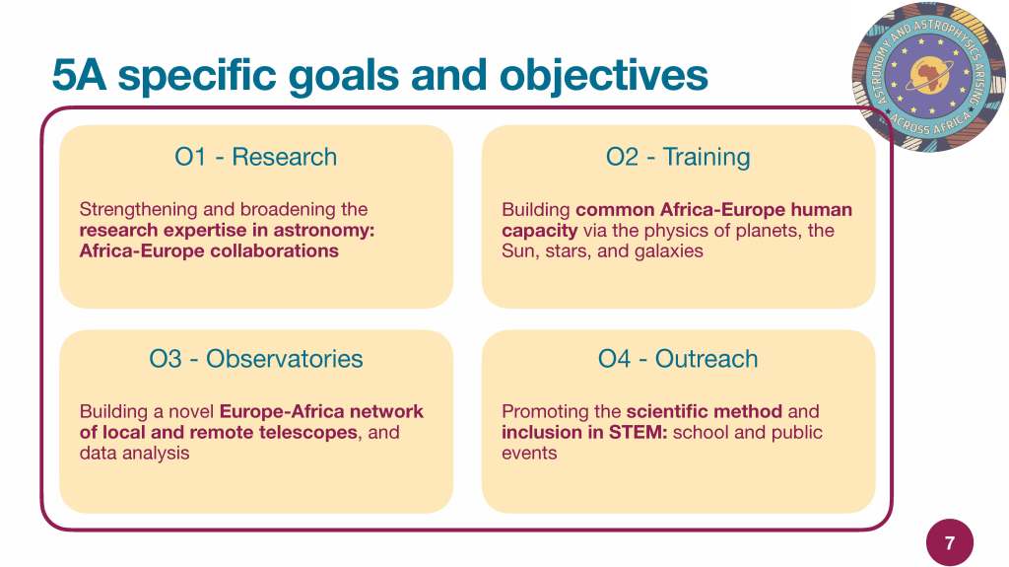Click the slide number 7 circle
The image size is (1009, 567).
950,542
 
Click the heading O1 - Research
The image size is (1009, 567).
256,157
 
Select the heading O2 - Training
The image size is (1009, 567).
678,157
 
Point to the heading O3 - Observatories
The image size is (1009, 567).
256,359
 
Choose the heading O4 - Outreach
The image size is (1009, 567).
678,359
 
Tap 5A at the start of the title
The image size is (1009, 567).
79,75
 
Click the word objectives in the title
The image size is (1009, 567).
604,76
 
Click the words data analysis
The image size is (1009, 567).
134,453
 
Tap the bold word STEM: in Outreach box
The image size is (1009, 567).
638,432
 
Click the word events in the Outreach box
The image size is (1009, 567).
529,453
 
